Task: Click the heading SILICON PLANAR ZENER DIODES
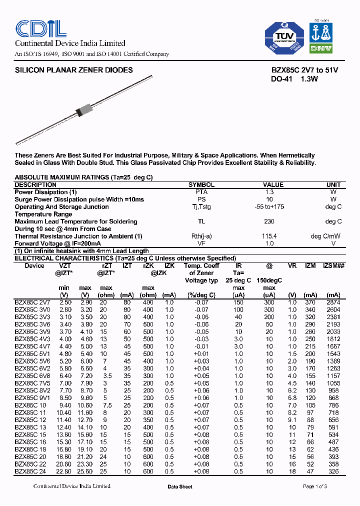point(74,70)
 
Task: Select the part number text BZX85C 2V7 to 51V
point(297,70)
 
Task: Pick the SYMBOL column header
point(201,185)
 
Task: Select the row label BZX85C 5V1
point(32,354)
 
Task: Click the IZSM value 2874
point(333,302)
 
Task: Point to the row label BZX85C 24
point(30,471)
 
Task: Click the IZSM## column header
point(333,266)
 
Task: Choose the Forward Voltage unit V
point(333,243)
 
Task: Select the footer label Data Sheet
point(179,486)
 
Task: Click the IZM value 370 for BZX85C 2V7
point(310,302)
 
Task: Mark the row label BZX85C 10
point(30,405)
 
